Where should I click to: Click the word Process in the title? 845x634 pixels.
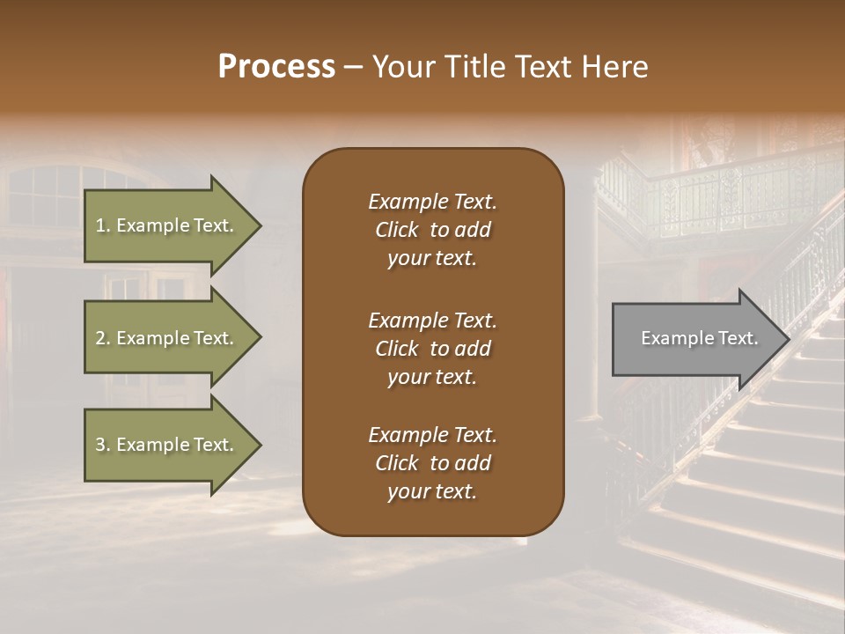276,67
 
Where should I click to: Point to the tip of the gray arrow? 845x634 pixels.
787,339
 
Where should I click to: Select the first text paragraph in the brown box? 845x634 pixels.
432,230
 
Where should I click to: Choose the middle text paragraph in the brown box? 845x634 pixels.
432,348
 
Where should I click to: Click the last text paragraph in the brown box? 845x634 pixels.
432,463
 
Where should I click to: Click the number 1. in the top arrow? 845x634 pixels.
103,225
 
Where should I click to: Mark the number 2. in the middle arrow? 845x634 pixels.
103,338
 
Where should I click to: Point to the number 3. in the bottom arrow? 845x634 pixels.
103,445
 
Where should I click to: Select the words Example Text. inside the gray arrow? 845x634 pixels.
699,338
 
